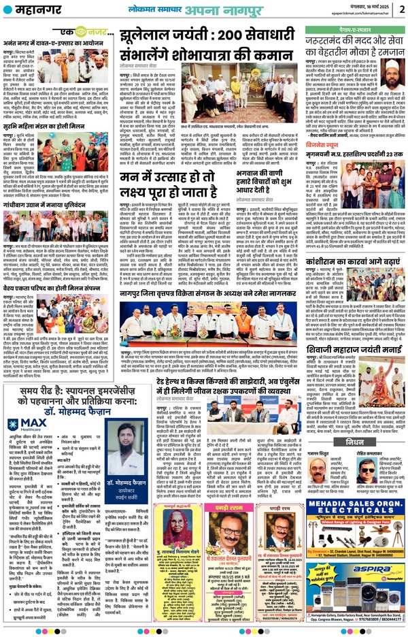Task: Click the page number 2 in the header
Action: [401, 9]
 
